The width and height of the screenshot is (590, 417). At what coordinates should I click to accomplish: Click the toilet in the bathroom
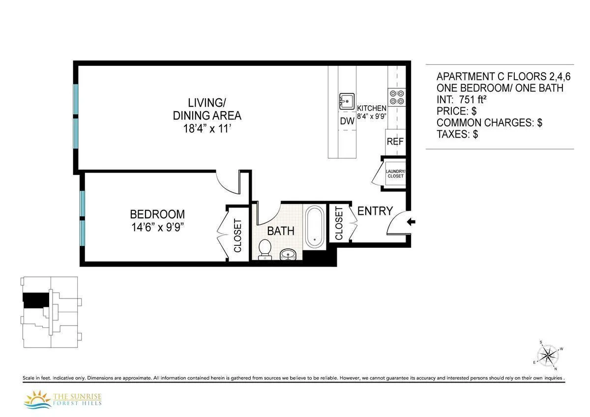tap(265, 248)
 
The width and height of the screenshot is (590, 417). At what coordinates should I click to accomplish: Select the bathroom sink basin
tap(289, 254)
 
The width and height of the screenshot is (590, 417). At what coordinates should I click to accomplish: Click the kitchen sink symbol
tap(347, 101)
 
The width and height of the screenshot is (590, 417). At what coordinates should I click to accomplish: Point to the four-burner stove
tap(396, 97)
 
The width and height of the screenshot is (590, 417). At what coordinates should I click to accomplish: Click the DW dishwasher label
tap(347, 120)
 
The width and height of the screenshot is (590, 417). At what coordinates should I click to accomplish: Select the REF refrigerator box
tap(395, 142)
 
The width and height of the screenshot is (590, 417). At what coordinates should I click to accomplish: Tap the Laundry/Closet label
tap(395, 174)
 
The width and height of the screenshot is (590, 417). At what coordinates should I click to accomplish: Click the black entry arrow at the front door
tap(412, 222)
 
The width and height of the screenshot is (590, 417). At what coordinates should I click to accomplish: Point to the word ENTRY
tap(375, 211)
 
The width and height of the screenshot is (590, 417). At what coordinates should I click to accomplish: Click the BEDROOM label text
tap(157, 214)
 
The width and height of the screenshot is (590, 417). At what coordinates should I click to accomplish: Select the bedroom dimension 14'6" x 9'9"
tap(157, 227)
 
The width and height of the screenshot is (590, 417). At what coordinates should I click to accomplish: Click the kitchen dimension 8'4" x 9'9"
tap(372, 117)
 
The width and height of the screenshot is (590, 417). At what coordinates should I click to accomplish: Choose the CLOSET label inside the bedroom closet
tap(237, 236)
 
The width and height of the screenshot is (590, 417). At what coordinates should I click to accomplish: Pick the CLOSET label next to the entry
tap(339, 223)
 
